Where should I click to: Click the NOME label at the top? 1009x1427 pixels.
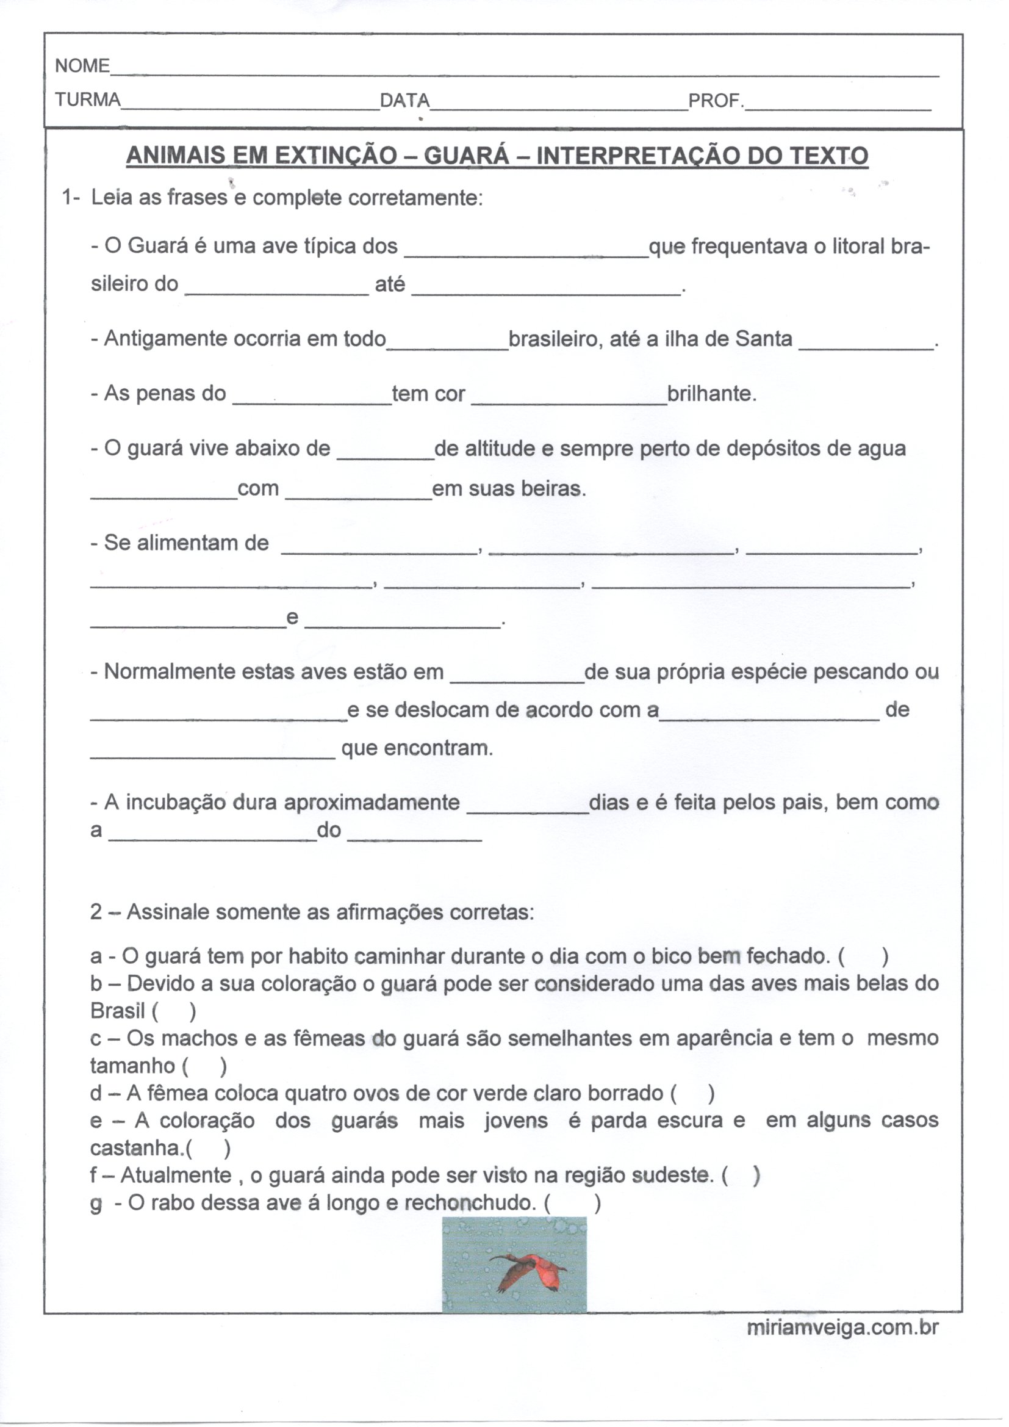(x=82, y=66)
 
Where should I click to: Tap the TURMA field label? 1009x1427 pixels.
(x=88, y=99)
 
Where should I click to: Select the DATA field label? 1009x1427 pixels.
(x=404, y=100)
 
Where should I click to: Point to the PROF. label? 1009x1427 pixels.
(x=716, y=100)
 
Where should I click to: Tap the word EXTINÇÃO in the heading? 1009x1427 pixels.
(x=336, y=156)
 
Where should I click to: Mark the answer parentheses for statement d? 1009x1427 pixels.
(x=692, y=1094)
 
